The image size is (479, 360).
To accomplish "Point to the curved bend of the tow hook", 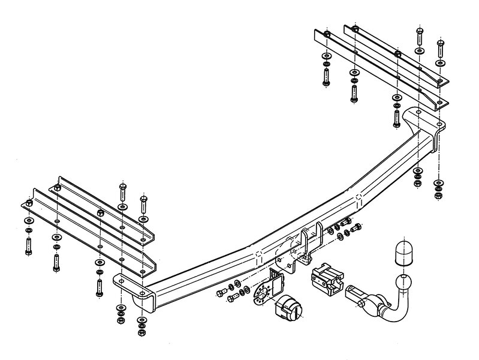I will click(x=396, y=309).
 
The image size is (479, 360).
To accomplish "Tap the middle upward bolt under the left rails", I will click(x=57, y=262).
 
